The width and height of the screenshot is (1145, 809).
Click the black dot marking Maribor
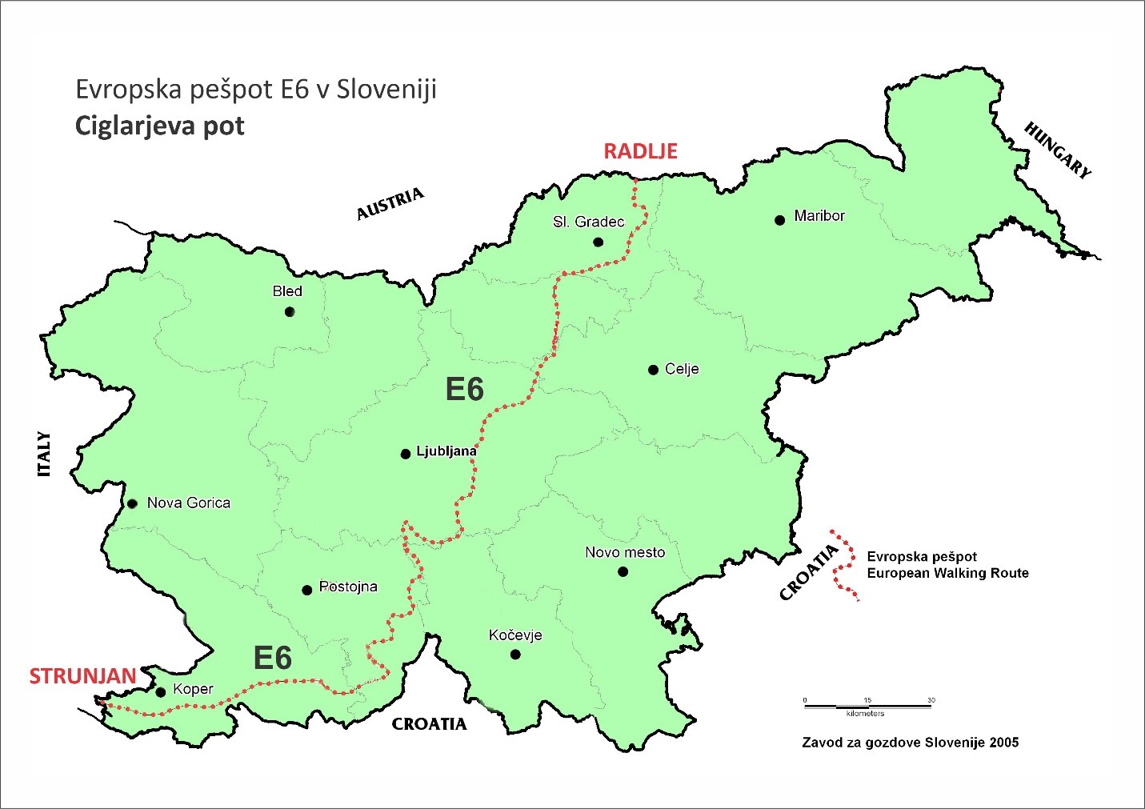tap(779, 220)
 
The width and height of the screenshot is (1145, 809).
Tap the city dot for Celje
tap(653, 370)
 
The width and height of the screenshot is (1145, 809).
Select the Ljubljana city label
tap(446, 451)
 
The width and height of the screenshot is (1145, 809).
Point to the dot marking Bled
tap(290, 312)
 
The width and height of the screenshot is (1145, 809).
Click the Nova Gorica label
tap(188, 503)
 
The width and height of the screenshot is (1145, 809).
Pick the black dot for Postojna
tap(306, 591)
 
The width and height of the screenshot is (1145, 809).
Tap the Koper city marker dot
tap(160, 692)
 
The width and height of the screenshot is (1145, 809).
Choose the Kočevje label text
tap(515, 635)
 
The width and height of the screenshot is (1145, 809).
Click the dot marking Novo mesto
tap(623, 571)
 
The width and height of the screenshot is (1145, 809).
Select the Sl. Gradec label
tap(588, 222)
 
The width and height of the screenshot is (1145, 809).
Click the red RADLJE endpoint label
tap(640, 151)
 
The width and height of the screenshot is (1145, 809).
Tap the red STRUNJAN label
tap(82, 677)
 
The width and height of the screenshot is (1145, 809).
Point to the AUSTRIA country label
tap(390, 205)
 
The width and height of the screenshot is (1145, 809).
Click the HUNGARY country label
tap(1057, 150)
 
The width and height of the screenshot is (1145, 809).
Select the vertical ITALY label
tap(44, 455)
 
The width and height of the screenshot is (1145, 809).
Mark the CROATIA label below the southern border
tap(429, 724)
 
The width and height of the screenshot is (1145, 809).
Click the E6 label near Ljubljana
tap(464, 390)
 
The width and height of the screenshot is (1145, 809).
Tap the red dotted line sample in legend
tap(842, 564)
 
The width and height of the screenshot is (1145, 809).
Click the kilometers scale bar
tap(868, 706)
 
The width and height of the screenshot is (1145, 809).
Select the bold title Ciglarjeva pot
tap(159, 126)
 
